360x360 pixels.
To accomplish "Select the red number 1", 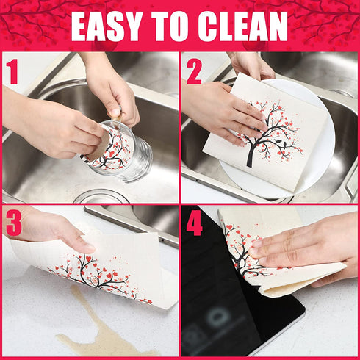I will tap(12, 71).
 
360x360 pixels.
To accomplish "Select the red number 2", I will tap(194, 71).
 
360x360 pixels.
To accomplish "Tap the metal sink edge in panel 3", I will tap(132, 220).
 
